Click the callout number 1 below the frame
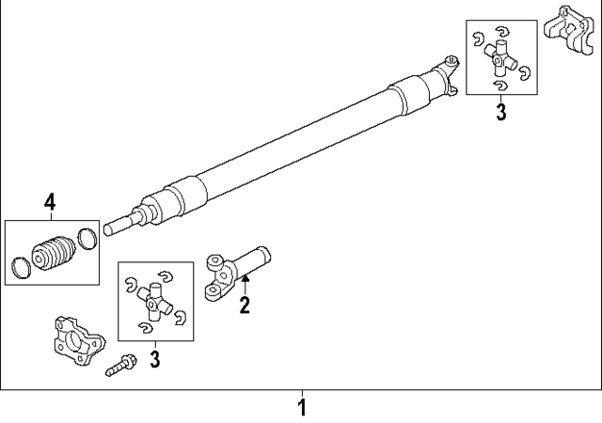[x=302, y=408]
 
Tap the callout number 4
[x=50, y=200]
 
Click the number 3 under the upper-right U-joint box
[x=500, y=113]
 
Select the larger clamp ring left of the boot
[x=22, y=267]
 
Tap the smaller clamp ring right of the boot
[x=86, y=239]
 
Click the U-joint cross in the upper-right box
[x=501, y=62]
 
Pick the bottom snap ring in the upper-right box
[x=499, y=87]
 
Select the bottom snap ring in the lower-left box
[x=144, y=326]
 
